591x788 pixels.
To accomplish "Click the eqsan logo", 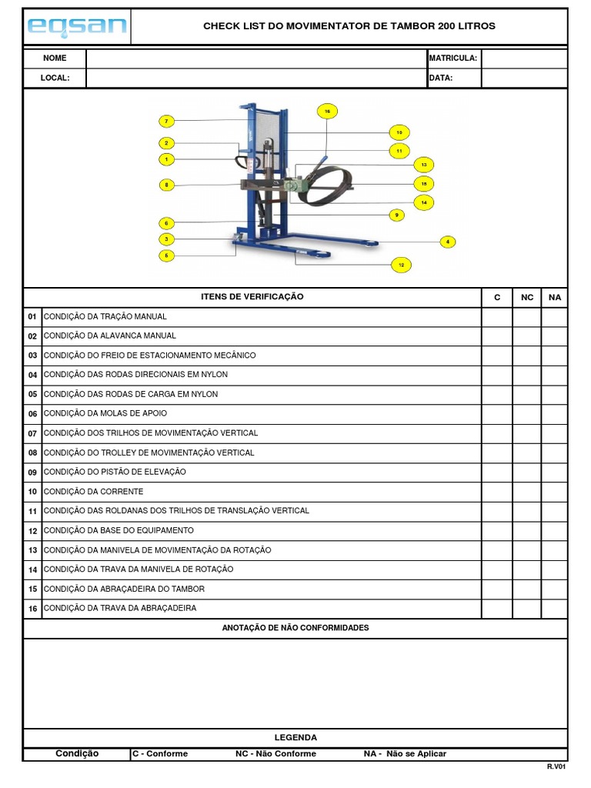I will point(76,27).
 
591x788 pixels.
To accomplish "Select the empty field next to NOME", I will point(256,58).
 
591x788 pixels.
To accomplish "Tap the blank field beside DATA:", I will point(524,78).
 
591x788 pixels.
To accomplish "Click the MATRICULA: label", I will point(453,58).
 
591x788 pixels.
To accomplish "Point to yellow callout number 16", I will point(327,112).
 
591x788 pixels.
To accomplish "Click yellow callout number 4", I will point(448,242).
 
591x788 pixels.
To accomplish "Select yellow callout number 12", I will point(401,265).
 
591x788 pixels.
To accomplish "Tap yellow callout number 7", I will point(166,121).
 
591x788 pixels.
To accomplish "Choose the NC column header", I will point(527,297).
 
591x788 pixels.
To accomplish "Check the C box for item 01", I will point(497,316).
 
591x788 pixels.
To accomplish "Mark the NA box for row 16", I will point(554,608).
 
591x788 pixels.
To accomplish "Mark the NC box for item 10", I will point(527,492).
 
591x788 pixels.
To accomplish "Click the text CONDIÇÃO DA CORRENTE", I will point(94,492).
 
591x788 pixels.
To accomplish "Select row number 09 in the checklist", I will point(32,472).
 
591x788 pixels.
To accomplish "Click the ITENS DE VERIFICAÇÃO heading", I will point(252,297).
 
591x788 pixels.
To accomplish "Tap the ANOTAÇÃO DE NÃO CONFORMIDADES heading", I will point(295,628).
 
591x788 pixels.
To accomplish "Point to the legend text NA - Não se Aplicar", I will point(405,754).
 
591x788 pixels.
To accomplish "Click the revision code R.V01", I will point(556,767).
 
